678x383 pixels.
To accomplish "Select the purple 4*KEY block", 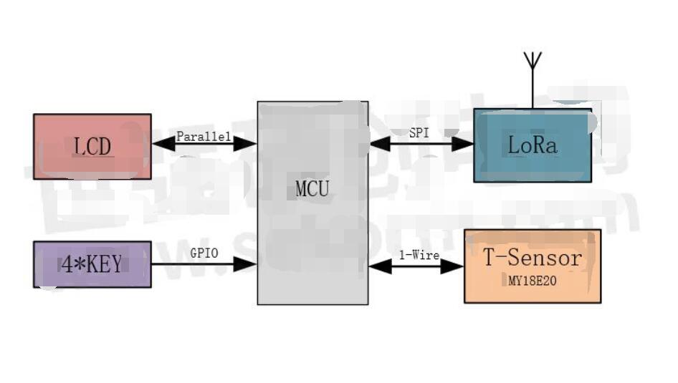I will (x=92, y=279).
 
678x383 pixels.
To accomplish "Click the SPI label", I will (x=420, y=132).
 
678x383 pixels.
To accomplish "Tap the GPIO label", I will (x=204, y=253).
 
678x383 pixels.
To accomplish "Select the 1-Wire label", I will (x=419, y=255).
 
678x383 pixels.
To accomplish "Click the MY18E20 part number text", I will (x=532, y=281).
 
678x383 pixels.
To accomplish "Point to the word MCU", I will (x=312, y=190).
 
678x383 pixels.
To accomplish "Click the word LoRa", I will (x=532, y=145).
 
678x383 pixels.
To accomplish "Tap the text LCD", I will (x=92, y=147).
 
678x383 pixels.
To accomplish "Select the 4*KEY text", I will (x=92, y=264).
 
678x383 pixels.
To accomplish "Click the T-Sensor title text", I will (x=532, y=258).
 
